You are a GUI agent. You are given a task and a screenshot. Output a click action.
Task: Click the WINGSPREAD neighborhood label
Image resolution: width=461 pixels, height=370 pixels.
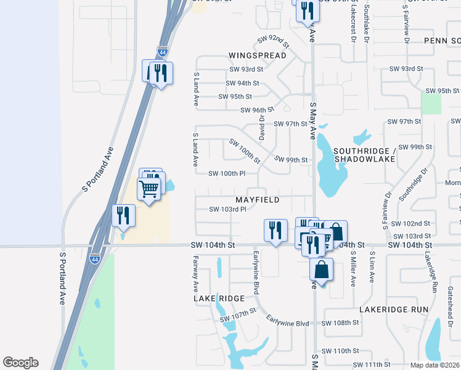pyautogui.click(x=257, y=55)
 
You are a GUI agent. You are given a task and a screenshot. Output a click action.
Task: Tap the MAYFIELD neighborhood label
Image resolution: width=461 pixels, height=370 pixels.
pyautogui.click(x=257, y=200)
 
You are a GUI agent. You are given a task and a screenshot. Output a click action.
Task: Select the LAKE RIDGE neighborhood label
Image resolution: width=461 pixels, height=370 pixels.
pyautogui.click(x=219, y=298)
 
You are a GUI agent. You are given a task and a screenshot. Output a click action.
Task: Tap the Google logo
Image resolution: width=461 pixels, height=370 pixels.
pyautogui.click(x=20, y=363)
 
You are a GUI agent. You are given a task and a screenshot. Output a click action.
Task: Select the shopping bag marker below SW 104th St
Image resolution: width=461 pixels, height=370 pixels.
pyautogui.click(x=321, y=269)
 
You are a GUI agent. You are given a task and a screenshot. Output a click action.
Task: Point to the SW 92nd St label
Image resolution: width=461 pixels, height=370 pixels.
pyautogui.click(x=273, y=41)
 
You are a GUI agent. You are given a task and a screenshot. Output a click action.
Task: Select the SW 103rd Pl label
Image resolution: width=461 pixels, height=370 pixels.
pyautogui.click(x=227, y=209)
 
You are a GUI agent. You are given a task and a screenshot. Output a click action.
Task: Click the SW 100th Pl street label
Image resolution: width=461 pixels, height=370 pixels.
pyautogui.click(x=227, y=174)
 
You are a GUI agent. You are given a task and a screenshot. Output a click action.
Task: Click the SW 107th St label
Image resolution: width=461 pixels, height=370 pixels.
pyautogui.click(x=237, y=315)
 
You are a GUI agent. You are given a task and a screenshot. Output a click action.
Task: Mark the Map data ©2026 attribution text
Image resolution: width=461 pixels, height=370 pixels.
pyautogui.click(x=435, y=365)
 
